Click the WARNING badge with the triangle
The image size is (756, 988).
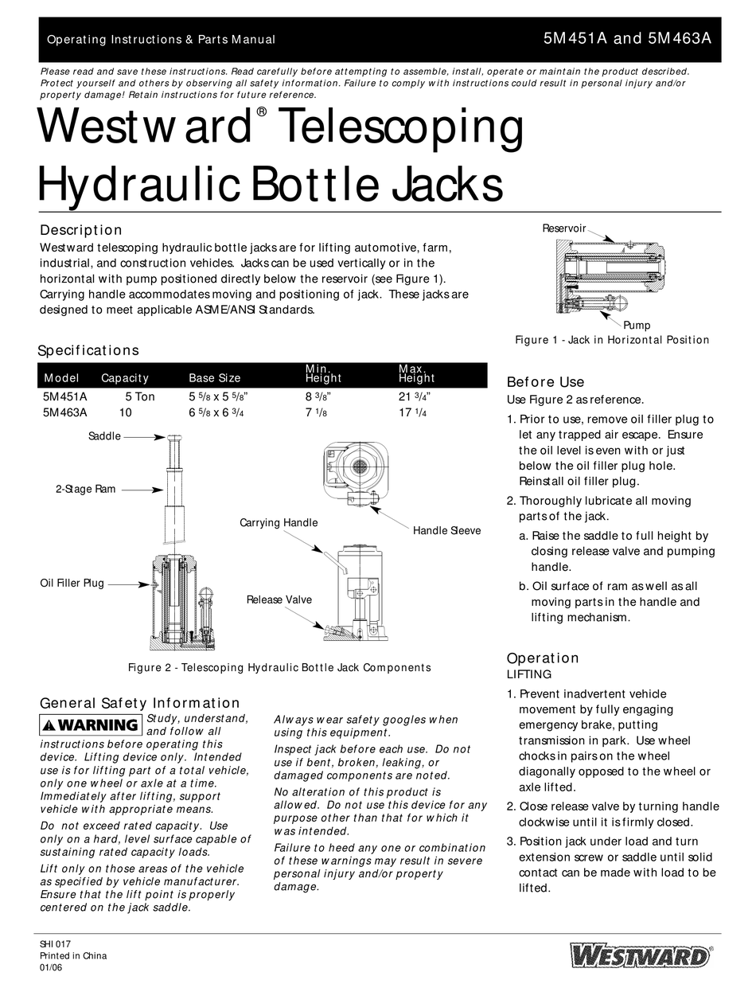click(92, 724)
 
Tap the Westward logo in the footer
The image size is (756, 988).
click(641, 955)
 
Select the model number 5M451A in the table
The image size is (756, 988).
click(65, 396)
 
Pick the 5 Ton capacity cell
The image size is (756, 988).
click(140, 396)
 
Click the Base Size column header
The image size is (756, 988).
click(214, 378)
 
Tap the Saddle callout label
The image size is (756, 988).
click(104, 436)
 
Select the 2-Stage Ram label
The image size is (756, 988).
click(85, 490)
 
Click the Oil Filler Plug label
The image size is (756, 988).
click(72, 584)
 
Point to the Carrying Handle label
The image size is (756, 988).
click(279, 523)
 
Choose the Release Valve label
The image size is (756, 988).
click(279, 599)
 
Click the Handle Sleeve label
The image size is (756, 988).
click(446, 530)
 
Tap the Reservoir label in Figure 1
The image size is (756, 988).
click(564, 228)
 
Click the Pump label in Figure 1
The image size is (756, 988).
click(637, 325)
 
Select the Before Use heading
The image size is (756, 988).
click(545, 382)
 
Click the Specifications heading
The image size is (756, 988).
click(89, 350)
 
